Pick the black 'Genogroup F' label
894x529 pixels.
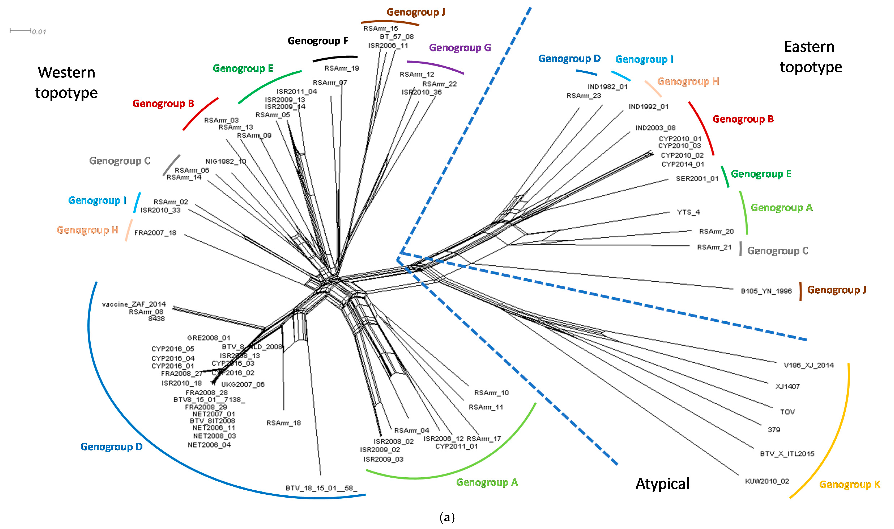point(318,41)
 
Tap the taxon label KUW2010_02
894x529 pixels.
point(767,481)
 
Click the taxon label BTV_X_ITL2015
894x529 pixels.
point(787,454)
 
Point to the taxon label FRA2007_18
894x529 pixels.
point(155,233)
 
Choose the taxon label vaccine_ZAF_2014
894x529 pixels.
point(134,304)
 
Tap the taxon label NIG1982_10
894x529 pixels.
point(226,161)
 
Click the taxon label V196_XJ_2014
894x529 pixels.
point(808,365)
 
